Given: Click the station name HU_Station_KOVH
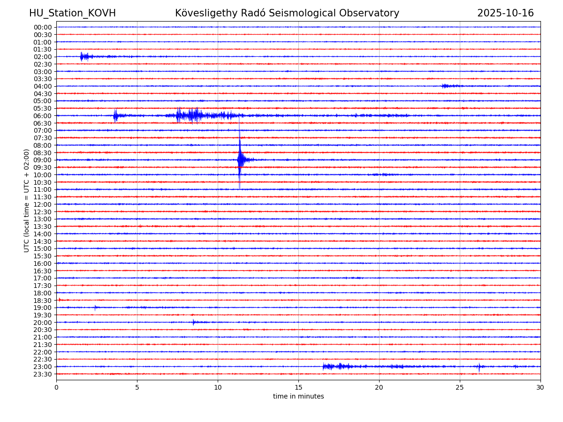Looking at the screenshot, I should pos(72,14).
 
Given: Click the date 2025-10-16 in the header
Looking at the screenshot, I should pos(505,14).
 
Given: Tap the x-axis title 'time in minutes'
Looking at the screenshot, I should pos(298,397).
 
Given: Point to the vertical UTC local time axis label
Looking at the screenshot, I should pos(27,200).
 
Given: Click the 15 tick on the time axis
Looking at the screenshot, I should pos(298,388).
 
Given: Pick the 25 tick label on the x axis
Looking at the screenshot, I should pos(460,388).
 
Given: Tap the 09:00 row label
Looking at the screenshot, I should pos(43,160).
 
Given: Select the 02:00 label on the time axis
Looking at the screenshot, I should pos(43,57).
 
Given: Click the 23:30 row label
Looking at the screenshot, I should pos(43,374).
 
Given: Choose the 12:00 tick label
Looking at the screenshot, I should pos(43,204).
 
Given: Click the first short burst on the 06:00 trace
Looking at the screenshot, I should pos(115,115).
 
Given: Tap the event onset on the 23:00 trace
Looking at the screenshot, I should pos(324,366).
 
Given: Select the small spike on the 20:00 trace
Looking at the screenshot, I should pos(193,322).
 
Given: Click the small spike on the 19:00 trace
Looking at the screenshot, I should pos(95,308).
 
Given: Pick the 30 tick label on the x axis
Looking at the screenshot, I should pos(540,388).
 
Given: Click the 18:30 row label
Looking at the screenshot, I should pos(43,300).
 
